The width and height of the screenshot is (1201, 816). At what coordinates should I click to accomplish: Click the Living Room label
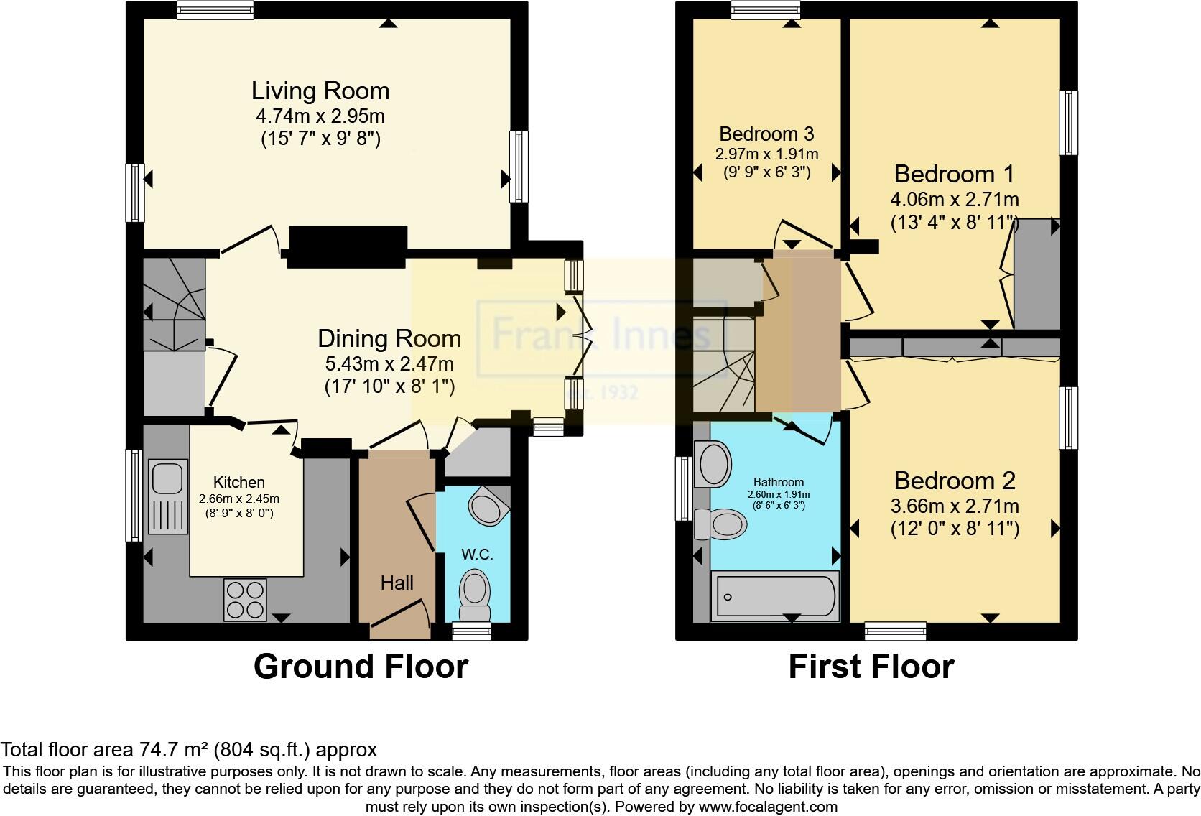(320, 91)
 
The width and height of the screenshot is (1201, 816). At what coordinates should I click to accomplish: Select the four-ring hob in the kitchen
(245, 599)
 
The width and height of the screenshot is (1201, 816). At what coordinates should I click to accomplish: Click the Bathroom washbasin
(713, 463)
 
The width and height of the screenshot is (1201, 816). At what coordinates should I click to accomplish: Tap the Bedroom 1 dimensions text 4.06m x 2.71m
(955, 199)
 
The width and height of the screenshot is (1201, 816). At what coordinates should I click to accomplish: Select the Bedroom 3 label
(766, 134)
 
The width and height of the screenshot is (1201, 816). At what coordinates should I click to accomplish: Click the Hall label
(397, 583)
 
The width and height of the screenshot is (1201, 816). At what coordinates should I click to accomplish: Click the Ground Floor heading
(361, 667)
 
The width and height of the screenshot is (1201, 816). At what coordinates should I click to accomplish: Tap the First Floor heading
(871, 667)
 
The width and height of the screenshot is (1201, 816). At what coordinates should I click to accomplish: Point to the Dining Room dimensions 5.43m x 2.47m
(389, 363)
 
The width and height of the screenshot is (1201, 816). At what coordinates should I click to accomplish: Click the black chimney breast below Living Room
(348, 246)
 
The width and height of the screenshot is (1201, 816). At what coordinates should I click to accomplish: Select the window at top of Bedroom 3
(766, 9)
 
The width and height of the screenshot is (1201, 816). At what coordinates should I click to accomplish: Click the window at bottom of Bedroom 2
(895, 631)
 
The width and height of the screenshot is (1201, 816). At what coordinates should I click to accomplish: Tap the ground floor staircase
(172, 305)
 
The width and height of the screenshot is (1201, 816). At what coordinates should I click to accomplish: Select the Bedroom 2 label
(955, 481)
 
